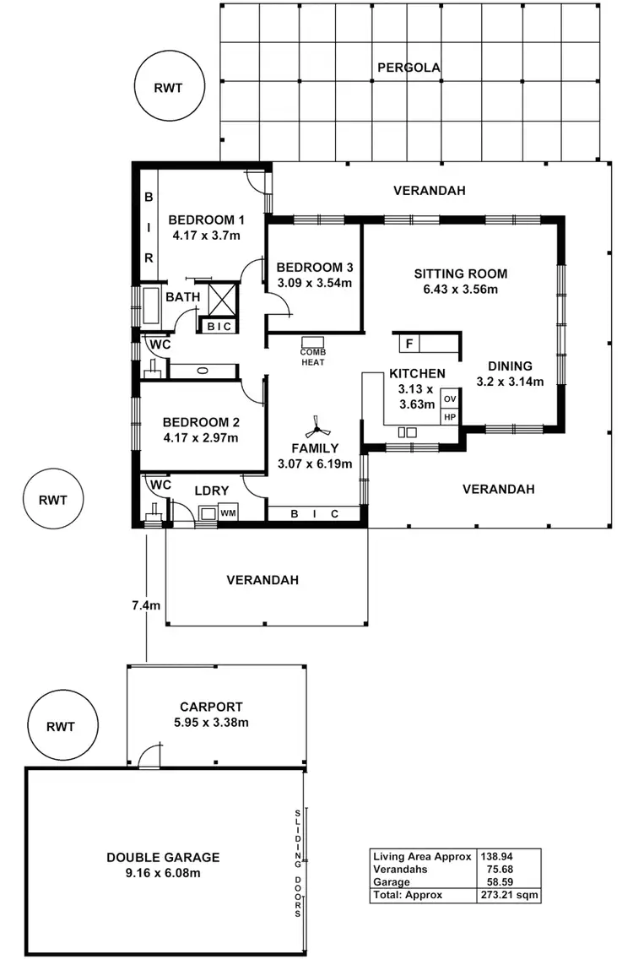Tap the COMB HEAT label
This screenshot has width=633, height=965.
(312, 356)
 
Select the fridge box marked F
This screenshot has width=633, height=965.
(409, 344)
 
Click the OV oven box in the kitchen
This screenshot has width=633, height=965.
(450, 398)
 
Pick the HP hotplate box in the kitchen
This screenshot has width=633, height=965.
(450, 417)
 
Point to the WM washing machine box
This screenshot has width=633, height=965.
(227, 512)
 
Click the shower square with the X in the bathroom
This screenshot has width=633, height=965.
(222, 300)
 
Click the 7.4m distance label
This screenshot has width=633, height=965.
(145, 604)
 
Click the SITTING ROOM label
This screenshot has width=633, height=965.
(460, 274)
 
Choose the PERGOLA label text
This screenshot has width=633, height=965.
(408, 68)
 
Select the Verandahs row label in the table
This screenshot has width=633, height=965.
(400, 869)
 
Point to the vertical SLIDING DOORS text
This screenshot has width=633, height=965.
(297, 862)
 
